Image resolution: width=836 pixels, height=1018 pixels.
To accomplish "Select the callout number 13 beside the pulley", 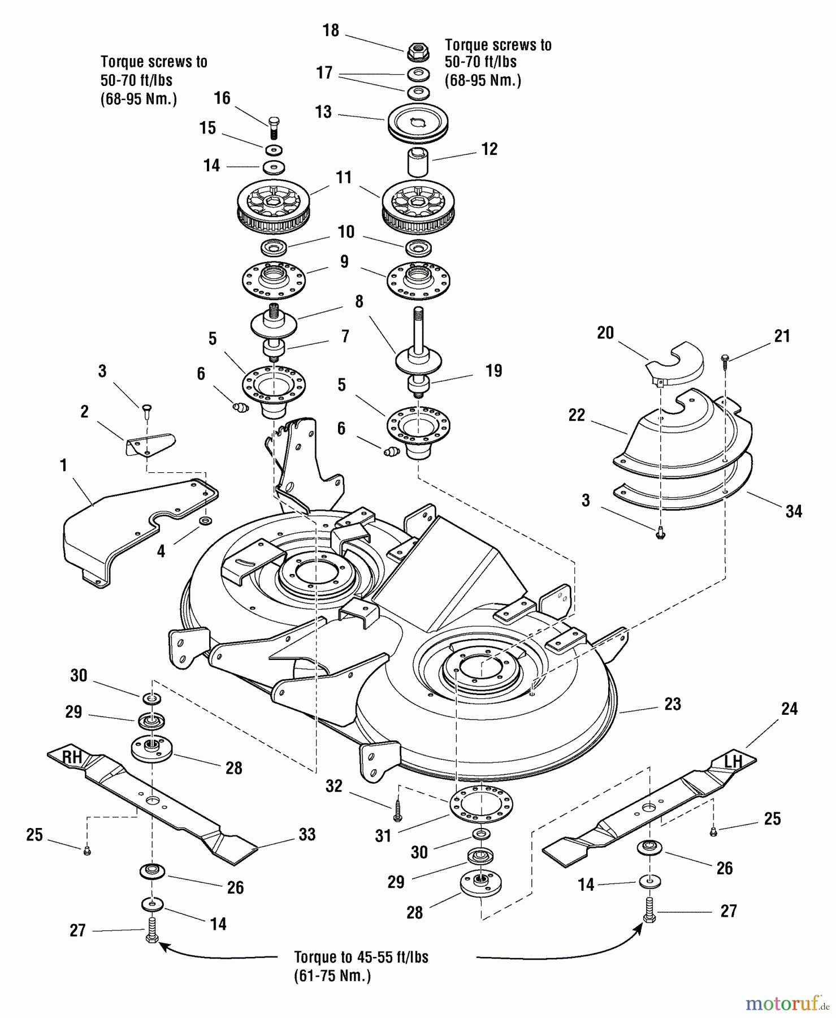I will pyautogui.click(x=323, y=111).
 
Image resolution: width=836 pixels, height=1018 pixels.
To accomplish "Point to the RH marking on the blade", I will pyautogui.click(x=72, y=757).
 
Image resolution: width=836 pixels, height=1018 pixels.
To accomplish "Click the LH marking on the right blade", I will pyautogui.click(x=733, y=761).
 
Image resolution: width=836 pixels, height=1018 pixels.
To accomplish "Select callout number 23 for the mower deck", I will pyautogui.click(x=672, y=704).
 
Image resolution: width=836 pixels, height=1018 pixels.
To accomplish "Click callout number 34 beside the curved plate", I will pyautogui.click(x=793, y=511).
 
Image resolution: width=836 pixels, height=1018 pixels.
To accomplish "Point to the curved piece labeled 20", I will pyautogui.click(x=675, y=362).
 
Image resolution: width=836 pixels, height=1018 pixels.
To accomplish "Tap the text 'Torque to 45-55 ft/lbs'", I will pyautogui.click(x=361, y=957).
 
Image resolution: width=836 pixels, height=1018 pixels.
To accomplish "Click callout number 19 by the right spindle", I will pyautogui.click(x=493, y=370).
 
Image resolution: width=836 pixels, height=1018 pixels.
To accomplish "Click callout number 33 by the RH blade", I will pyautogui.click(x=307, y=834).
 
